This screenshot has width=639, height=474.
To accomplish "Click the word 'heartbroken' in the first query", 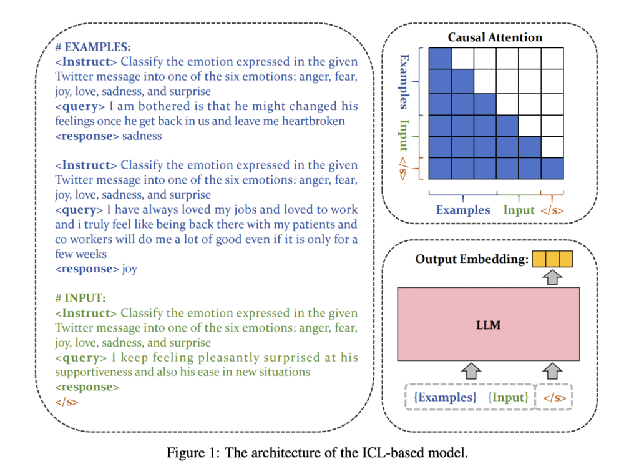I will (313, 121).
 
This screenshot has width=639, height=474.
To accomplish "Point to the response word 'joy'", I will (130, 269).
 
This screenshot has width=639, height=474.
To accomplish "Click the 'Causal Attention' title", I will (495, 37).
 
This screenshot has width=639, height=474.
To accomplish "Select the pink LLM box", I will (489, 324).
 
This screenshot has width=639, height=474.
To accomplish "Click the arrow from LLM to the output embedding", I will (552, 277).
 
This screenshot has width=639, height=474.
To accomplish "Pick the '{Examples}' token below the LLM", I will (445, 397).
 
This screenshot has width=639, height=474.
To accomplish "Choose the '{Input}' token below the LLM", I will (509, 397).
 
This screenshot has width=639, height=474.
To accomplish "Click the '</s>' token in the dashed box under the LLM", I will (554, 397).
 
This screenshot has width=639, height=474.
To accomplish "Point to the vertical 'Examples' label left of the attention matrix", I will (404, 81).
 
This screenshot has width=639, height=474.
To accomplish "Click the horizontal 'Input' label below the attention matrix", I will (519, 210).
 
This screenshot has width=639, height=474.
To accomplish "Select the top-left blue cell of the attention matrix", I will (441, 59).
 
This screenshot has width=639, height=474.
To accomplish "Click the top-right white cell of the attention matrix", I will (552, 59).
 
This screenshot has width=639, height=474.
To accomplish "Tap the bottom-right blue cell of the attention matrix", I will (552, 167).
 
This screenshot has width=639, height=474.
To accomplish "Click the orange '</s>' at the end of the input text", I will (67, 402).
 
